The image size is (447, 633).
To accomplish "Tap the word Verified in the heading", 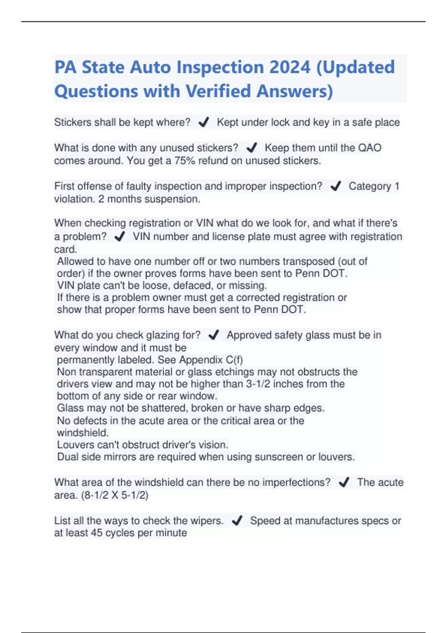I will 218,91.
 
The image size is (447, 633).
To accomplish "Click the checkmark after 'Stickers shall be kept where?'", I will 203,123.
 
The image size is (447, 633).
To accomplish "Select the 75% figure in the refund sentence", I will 185,161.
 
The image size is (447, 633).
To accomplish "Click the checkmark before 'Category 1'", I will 336,186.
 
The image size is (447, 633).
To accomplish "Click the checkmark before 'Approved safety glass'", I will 213,335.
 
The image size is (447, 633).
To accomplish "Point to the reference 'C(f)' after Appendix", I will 234,360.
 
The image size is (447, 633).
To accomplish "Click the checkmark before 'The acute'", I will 344,483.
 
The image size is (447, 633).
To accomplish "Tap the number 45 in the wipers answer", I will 96,533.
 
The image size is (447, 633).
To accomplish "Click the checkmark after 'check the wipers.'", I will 237,521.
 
